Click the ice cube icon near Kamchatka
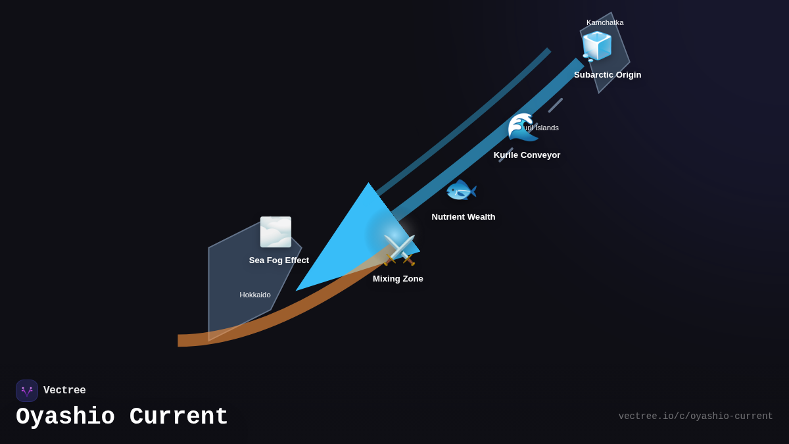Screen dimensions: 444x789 pyautogui.click(x=597, y=46)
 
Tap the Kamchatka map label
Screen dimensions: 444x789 pyautogui.click(x=605, y=22)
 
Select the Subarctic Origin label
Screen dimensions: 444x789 pyautogui.click(x=608, y=75)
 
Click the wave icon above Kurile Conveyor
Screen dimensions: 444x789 pyautogui.click(x=522, y=126)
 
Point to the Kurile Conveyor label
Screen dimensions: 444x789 pyautogui.click(x=527, y=155)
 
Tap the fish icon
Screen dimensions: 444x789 pyautogui.click(x=461, y=191)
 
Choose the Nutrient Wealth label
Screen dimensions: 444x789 pyautogui.click(x=464, y=217)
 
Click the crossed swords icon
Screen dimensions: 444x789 pyautogui.click(x=400, y=250)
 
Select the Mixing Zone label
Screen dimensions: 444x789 pyautogui.click(x=398, y=279)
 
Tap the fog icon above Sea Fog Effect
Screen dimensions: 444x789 pyautogui.click(x=275, y=232)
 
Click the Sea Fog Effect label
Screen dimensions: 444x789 pyautogui.click(x=279, y=260)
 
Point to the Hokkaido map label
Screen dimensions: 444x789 pyautogui.click(x=255, y=295)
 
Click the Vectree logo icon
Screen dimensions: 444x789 pyautogui.click(x=27, y=391)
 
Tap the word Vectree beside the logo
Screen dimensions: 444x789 pyautogui.click(x=64, y=391)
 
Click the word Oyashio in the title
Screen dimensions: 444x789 pyautogui.click(x=65, y=417)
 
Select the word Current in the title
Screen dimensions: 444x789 pyautogui.click(x=179, y=417)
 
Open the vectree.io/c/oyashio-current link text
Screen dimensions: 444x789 pyautogui.click(x=696, y=416)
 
